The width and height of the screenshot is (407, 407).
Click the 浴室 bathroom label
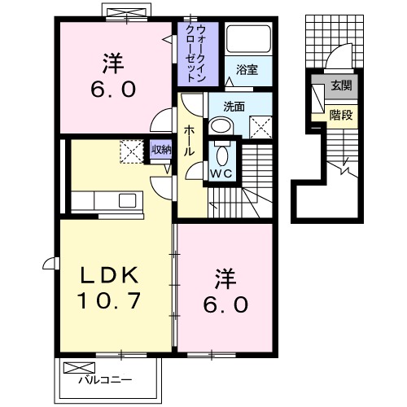pos(247,71)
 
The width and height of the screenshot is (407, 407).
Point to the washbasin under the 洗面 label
pos(221,126)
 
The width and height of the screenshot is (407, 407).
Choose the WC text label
pos(222,174)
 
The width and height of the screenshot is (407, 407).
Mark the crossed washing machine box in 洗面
pos(260,127)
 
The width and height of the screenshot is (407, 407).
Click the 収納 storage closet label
pos(161,149)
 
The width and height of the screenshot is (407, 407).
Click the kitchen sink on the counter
pos(128,200)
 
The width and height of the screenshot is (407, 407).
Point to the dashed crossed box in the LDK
pos(131,151)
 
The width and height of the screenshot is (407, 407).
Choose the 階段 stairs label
pos(340,115)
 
